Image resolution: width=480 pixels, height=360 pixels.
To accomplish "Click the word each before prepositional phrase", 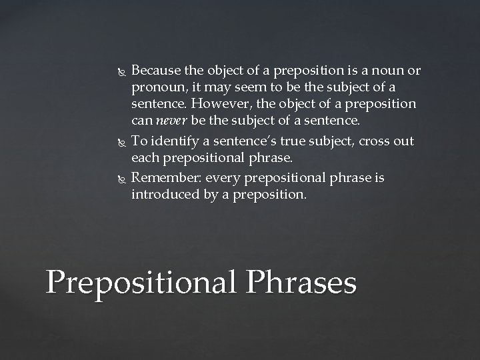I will tap(145, 159).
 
